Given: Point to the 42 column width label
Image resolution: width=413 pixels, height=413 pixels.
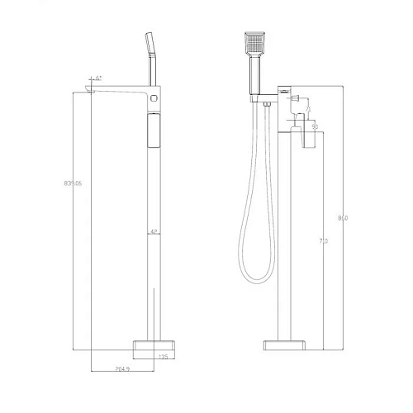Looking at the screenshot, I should pos(153,232).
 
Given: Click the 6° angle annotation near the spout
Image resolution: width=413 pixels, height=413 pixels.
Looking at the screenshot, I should pos(98,78).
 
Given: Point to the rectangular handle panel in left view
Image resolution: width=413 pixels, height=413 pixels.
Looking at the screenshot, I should pos(152,131).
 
